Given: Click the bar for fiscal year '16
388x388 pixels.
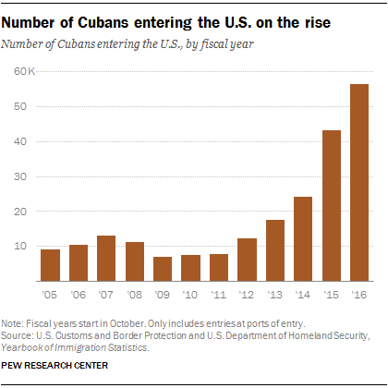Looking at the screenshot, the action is [359, 183].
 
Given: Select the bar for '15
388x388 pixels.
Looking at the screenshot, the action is [332, 206].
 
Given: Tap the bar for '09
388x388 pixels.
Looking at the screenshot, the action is [163, 269].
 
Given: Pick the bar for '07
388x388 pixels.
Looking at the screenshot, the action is [106, 259].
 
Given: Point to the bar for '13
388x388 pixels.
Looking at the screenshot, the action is [275, 250].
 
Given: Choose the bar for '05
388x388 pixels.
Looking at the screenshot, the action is [50, 265].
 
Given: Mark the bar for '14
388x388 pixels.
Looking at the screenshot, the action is [303, 239].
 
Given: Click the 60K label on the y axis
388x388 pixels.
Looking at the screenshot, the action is [25, 71].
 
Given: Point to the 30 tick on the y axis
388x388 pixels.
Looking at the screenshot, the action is [20, 176].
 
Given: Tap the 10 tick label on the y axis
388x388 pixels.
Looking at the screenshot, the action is [20, 246].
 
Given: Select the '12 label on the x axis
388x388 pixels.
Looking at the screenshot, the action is [247, 295].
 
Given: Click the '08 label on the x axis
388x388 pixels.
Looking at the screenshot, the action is [135, 295].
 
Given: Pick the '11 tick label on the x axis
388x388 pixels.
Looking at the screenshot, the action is [219, 295].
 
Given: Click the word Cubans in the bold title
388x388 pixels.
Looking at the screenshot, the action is [103, 23].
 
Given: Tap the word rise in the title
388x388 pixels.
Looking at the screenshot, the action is [318, 23].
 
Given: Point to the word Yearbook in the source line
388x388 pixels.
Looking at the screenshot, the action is [22, 347].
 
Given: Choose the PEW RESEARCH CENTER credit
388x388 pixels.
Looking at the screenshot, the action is [55, 366].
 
